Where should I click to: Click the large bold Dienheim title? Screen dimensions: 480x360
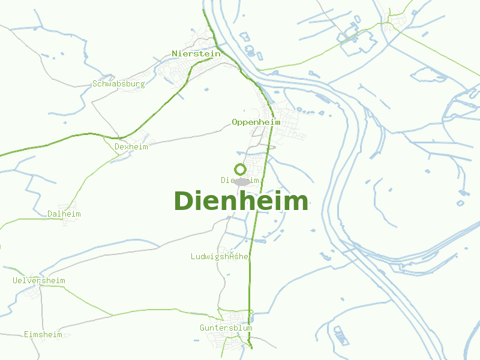click(x=241, y=201)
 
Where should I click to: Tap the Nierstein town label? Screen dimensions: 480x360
click(x=196, y=53)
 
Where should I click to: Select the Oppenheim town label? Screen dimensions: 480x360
click(x=256, y=122)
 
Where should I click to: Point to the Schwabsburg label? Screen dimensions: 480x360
click(x=119, y=84)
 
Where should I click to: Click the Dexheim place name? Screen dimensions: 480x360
click(x=131, y=146)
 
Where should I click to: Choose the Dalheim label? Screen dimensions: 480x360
click(x=64, y=214)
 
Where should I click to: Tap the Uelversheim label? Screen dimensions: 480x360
click(x=39, y=280)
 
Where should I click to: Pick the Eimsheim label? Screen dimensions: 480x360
click(x=43, y=334)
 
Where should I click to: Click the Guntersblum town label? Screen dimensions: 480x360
click(x=226, y=328)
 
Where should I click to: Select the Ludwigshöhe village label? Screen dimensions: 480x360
click(x=220, y=256)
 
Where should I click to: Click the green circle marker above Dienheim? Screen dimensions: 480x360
click(x=241, y=169)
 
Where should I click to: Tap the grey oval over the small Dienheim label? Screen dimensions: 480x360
click(x=242, y=181)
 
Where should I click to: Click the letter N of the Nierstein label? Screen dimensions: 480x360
click(x=175, y=53)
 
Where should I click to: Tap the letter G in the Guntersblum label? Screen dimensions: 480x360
click(x=203, y=328)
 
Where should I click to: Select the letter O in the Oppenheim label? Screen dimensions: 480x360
click(x=235, y=122)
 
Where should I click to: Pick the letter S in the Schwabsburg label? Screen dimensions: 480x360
click(x=95, y=84)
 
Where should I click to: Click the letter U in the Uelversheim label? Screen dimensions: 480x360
click(x=15, y=280)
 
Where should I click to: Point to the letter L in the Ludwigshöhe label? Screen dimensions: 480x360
click(x=193, y=256)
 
